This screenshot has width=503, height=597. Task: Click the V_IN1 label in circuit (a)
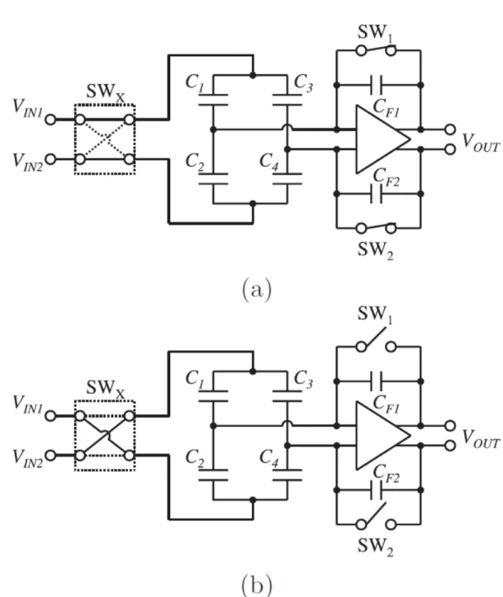pos(27,108)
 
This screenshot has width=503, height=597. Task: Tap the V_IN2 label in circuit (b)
pos(27,458)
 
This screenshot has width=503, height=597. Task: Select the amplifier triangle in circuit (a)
pos(382,140)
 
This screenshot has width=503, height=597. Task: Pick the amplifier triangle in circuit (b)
pos(382,435)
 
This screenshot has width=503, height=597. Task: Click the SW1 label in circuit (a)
pos(375,33)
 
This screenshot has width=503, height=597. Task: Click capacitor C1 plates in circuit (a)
pos(213,99)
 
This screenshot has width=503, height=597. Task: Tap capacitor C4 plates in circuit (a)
pos(287,178)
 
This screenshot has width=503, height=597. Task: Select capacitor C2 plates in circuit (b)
pos(213,475)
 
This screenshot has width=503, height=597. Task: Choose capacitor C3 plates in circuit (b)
pos(287,396)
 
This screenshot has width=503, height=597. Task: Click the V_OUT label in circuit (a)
pos(481,143)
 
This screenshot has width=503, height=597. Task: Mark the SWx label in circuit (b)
pos(106,388)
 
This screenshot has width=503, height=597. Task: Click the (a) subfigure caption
pos(257,290)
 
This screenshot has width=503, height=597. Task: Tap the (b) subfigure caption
pos(257,585)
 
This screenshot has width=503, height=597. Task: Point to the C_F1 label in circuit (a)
pos(386,108)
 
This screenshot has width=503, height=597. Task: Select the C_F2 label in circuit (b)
pos(386,474)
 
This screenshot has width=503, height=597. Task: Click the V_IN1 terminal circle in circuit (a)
pos(50,120)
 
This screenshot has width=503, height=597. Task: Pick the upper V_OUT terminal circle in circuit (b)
pos(450,425)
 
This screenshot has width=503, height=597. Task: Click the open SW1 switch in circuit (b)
pos(376,340)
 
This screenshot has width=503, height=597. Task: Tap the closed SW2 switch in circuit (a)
pos(376,227)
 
